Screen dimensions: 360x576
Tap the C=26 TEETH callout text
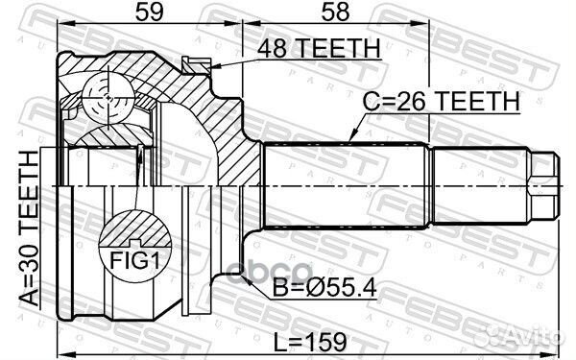point(441,100)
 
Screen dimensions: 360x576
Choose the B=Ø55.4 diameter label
point(326,286)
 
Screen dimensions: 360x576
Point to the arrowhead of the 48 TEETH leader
point(212,67)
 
